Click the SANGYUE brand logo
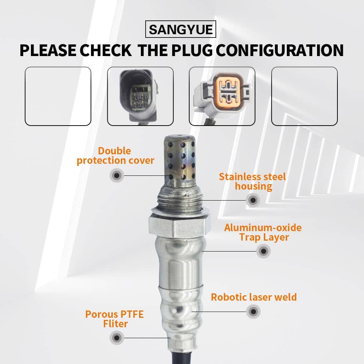[181, 29]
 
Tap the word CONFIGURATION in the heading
[280, 50]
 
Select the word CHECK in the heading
[106, 50]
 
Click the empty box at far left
[58, 96]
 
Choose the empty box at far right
[304, 96]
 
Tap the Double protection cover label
[115, 156]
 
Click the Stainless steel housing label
[253, 182]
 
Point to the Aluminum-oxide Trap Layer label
[263, 233]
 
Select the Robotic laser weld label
[254, 297]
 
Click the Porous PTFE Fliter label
[115, 319]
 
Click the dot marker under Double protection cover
[117, 175]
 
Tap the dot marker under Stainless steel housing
[253, 200]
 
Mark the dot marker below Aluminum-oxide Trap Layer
[264, 251]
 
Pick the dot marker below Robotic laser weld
[253, 312]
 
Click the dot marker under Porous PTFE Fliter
[117, 338]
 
